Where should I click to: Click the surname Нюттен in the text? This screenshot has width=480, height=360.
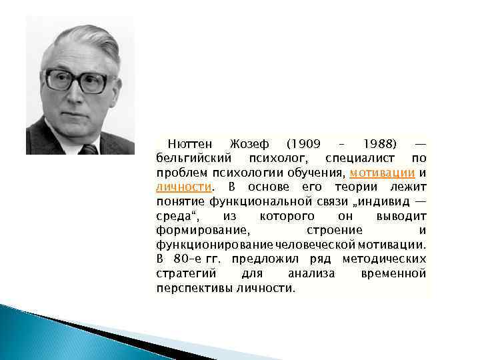[191, 145]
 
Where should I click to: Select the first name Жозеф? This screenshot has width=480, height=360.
[249, 145]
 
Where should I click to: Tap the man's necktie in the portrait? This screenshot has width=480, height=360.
[89, 149]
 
